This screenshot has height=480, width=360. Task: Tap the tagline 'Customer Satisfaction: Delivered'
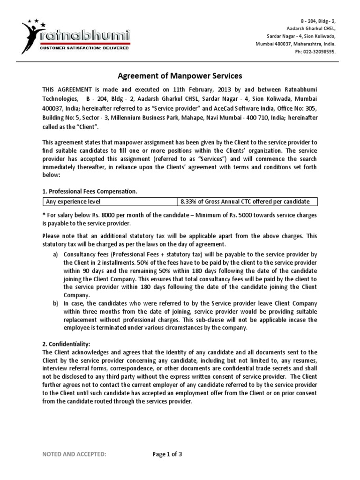[x=84, y=48]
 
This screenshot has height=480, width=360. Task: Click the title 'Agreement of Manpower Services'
[x=180, y=75]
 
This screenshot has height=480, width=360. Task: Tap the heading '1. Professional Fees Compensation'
[x=90, y=192]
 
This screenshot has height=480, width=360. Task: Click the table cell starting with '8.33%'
[x=245, y=202]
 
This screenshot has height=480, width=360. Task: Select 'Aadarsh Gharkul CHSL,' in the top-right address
[x=312, y=29]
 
